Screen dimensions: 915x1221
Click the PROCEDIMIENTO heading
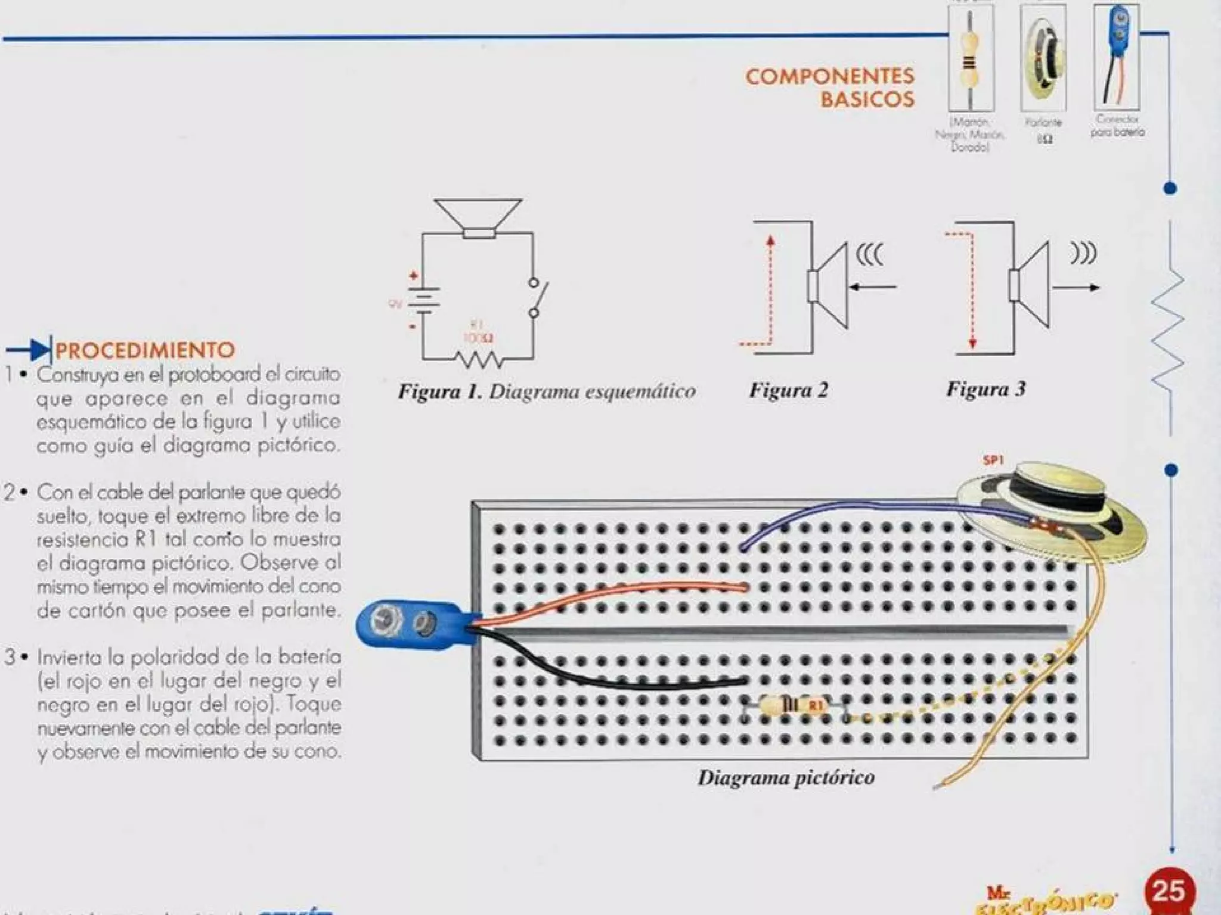[145, 350]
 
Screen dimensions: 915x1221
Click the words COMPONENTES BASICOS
[830, 88]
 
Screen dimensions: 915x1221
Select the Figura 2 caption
[788, 390]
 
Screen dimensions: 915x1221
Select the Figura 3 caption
[986, 390]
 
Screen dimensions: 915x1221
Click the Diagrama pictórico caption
[786, 777]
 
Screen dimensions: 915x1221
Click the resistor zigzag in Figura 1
[479, 359]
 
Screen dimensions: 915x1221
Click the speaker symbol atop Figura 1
[478, 217]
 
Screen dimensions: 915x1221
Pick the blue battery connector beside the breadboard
[411, 624]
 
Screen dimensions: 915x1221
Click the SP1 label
[993, 460]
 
